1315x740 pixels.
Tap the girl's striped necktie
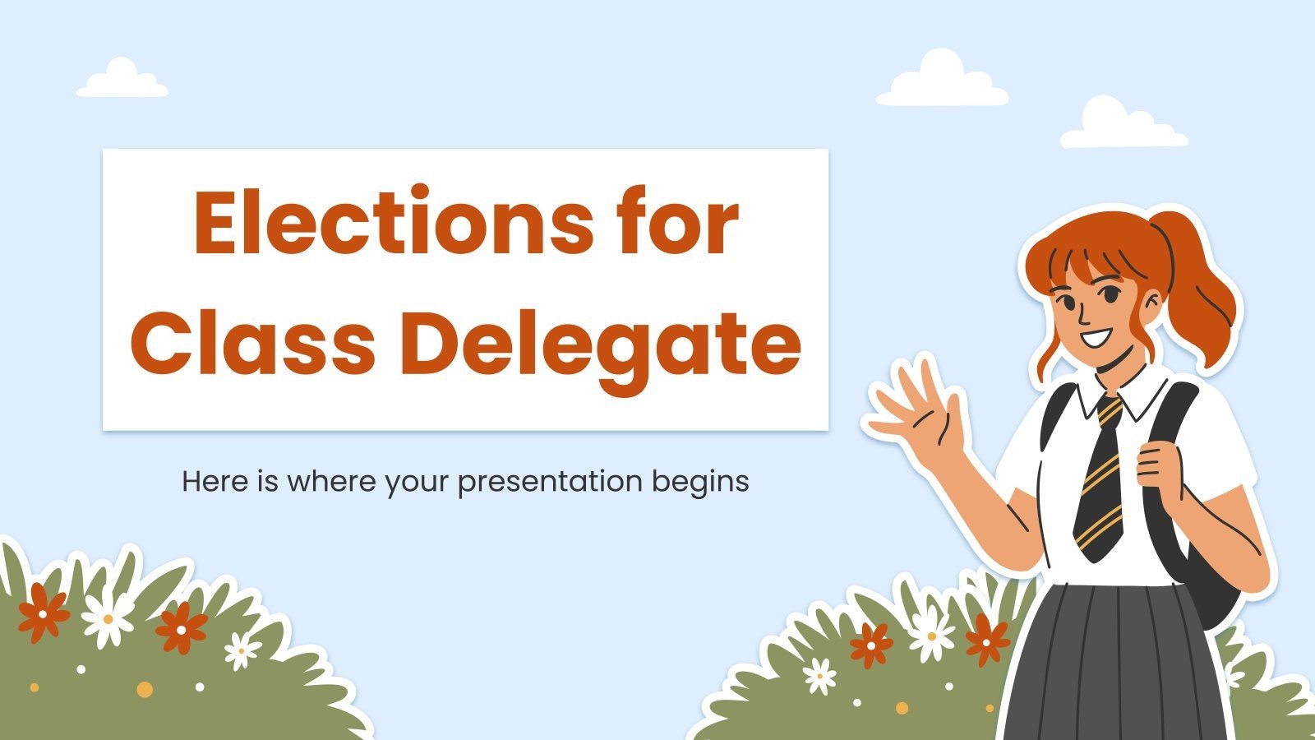(1101, 477)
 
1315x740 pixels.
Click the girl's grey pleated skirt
(1118, 666)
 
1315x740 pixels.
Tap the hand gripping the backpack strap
(1159, 469)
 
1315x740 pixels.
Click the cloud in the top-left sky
(122, 81)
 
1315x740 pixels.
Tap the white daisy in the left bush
(108, 618)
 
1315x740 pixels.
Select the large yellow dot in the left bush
(145, 688)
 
